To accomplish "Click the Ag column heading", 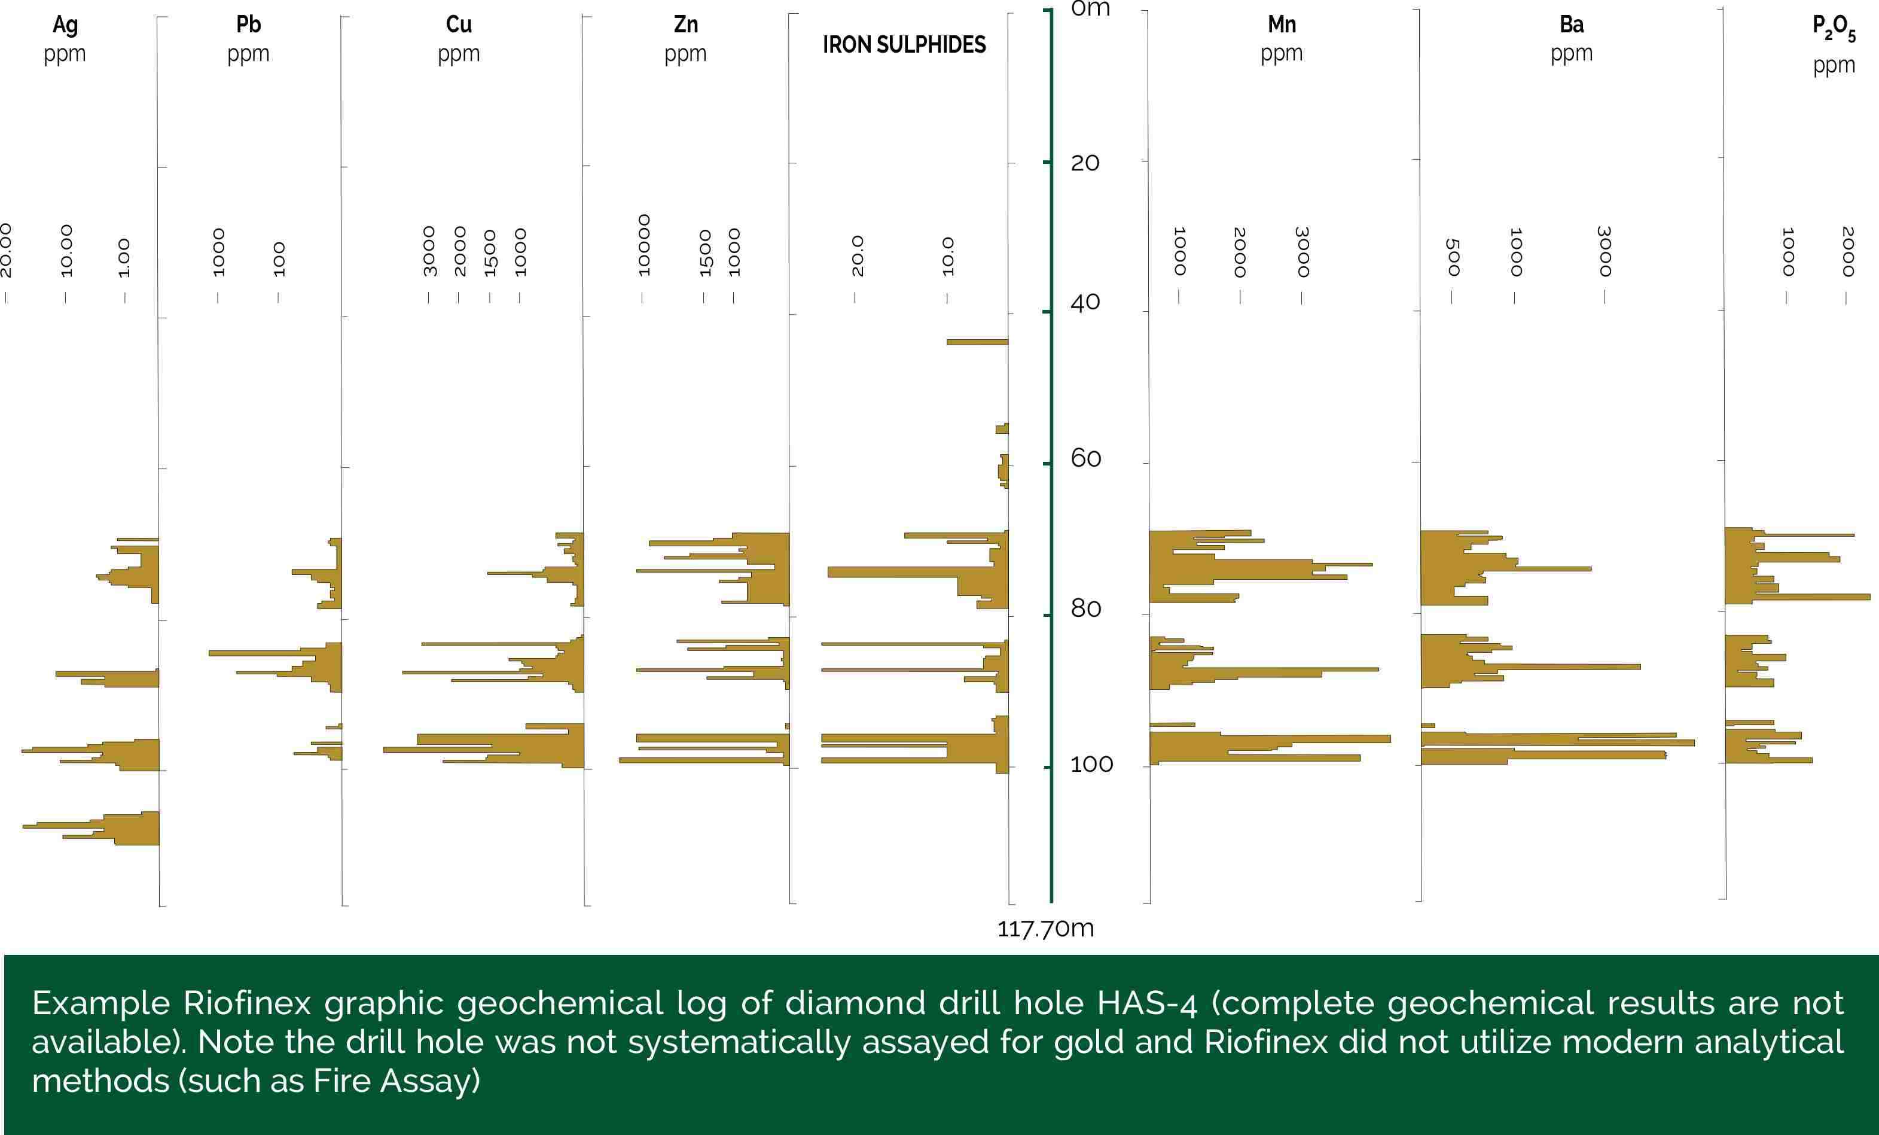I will (65, 25).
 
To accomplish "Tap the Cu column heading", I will (458, 25).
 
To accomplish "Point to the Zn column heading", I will (685, 25).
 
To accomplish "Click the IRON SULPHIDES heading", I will (904, 45).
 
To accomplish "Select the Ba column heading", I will (1571, 25).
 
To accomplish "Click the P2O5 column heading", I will (1833, 28).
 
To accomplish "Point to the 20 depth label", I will (1084, 163).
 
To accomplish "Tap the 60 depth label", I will (1085, 458).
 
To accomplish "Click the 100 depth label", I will (1091, 764).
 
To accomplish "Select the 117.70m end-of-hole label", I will (1045, 929).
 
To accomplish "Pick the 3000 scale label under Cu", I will (429, 251).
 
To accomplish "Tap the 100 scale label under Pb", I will (279, 259).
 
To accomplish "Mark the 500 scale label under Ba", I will (1453, 257).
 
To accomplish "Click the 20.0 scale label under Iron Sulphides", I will (857, 255).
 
